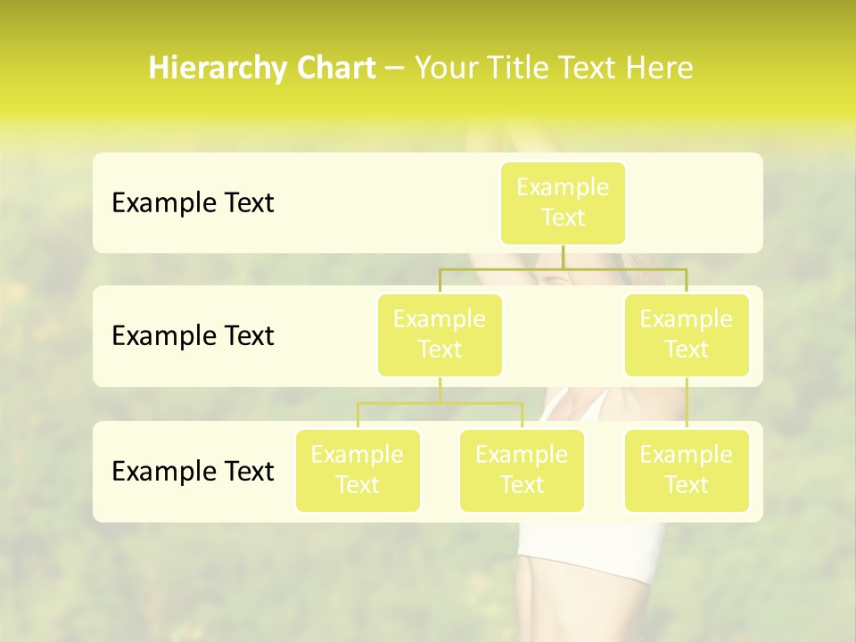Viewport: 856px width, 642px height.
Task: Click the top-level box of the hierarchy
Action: [x=563, y=203]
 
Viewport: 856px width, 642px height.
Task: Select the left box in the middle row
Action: [x=440, y=335]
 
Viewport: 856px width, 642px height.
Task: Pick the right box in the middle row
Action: [x=687, y=335]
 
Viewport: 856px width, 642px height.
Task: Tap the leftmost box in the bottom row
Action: [x=358, y=471]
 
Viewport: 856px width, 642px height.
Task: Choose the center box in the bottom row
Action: [x=522, y=471]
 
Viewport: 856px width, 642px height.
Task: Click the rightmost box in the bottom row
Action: [x=687, y=471]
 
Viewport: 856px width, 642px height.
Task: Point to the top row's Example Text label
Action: [x=193, y=203]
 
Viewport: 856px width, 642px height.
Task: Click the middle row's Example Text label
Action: [x=193, y=336]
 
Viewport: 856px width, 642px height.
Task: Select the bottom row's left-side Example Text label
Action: [x=193, y=472]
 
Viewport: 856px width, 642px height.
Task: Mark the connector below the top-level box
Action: [x=563, y=257]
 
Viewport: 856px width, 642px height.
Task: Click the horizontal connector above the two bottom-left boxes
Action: [x=440, y=403]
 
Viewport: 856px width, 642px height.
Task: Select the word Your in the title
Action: [x=443, y=69]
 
